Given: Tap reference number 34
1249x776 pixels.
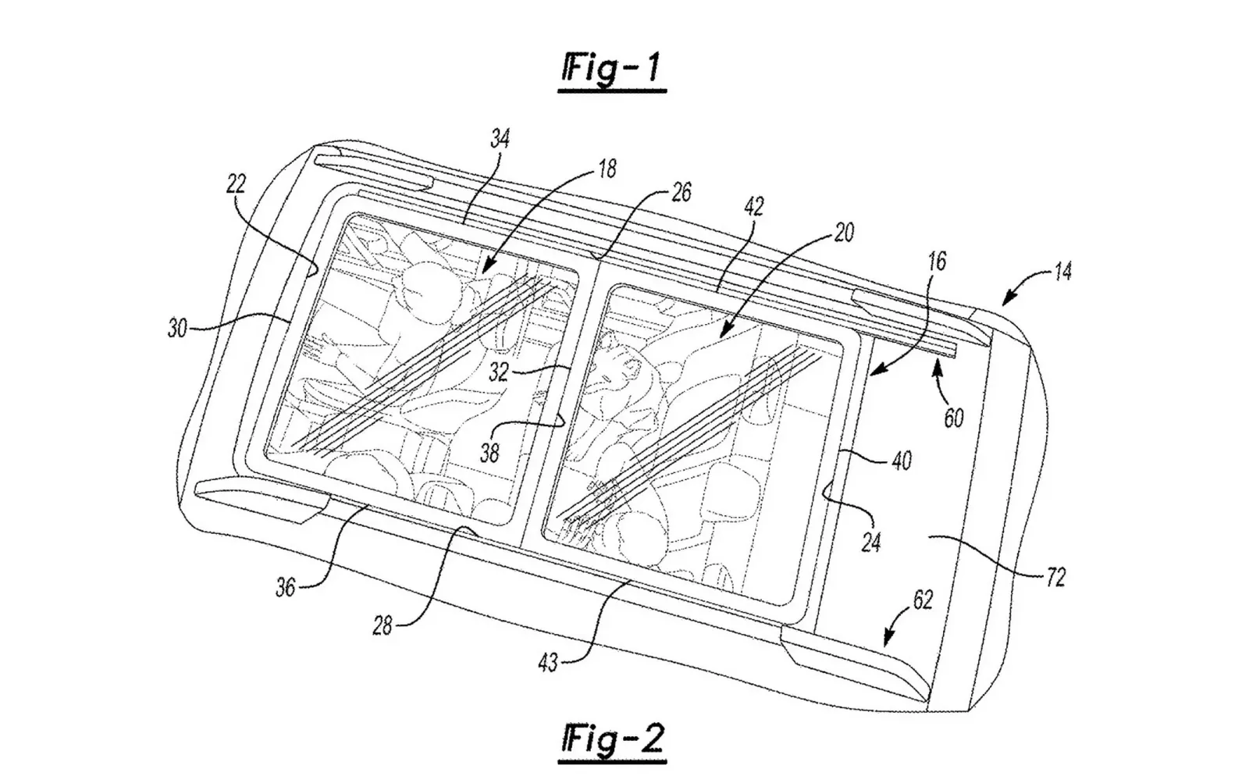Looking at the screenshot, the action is click(x=500, y=138).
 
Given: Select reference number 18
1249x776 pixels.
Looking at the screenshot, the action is click(x=607, y=169).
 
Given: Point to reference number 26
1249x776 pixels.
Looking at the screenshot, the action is click(x=680, y=192).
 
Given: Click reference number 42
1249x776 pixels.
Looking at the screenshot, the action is click(x=754, y=207).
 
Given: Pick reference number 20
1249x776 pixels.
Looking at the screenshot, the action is click(x=844, y=232).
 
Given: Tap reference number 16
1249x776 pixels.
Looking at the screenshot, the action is click(x=938, y=262).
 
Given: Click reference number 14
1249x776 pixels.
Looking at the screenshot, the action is click(x=1062, y=272).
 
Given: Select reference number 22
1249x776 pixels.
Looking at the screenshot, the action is click(x=236, y=183).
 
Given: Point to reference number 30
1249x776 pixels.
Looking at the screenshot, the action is click(x=177, y=329).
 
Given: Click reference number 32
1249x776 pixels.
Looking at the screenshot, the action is click(x=499, y=372).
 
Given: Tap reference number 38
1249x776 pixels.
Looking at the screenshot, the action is click(x=489, y=454).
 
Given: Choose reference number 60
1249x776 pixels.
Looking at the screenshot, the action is click(x=953, y=418).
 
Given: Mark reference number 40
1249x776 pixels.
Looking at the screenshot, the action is click(x=902, y=461).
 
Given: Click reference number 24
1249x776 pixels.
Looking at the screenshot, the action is click(x=871, y=542).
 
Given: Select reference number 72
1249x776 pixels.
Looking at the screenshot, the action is click(x=1055, y=578).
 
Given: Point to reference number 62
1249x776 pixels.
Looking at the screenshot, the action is click(x=922, y=600).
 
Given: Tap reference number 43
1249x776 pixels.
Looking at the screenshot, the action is click(x=547, y=663).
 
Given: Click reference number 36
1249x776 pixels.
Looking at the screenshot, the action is click(x=286, y=588).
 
